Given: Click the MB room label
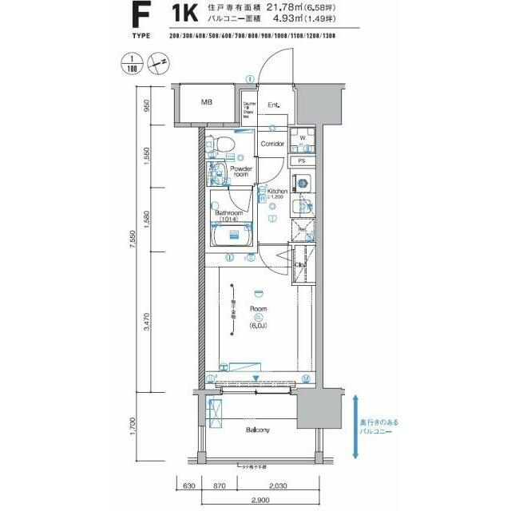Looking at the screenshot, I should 207,103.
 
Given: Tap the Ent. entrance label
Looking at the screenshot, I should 273,105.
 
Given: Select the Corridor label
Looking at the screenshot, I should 272,144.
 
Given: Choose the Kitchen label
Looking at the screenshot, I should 277,192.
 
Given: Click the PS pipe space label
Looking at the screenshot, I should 301,161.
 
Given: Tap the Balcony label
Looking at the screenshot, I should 256,430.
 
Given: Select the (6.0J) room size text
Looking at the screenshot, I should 258,327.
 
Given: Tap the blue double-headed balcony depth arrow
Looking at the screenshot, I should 355,426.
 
